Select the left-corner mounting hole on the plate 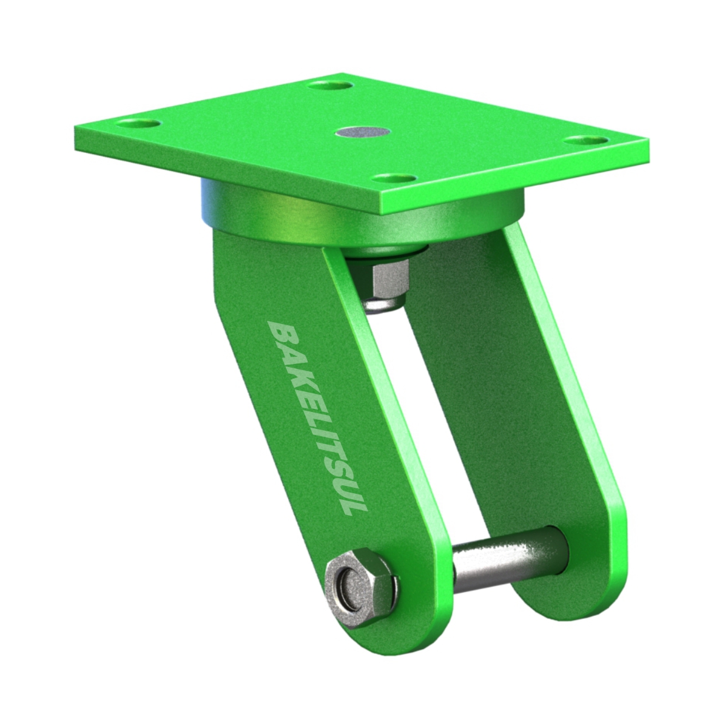click(x=138, y=124)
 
